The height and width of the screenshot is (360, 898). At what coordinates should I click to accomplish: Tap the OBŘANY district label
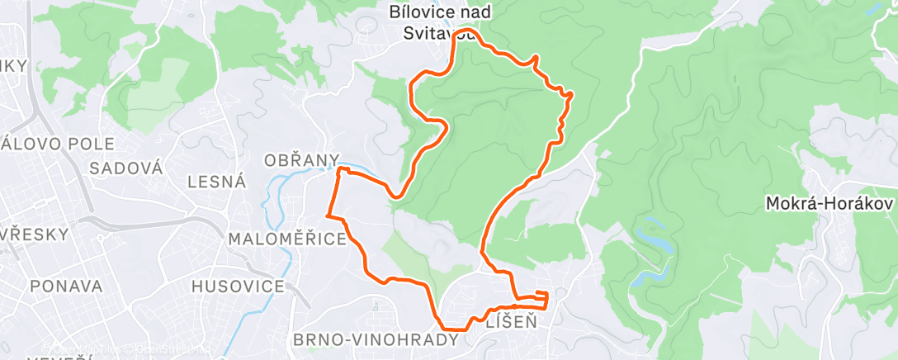pyautogui.click(x=301, y=159)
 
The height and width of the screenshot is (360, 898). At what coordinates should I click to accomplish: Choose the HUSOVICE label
pyautogui.click(x=238, y=287)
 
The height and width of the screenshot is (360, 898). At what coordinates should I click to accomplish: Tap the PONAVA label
pyautogui.click(x=66, y=287)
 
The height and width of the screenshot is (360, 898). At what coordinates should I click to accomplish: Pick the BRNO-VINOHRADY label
pyautogui.click(x=376, y=339)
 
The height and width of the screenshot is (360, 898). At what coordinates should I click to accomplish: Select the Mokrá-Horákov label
pyautogui.click(x=829, y=202)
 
